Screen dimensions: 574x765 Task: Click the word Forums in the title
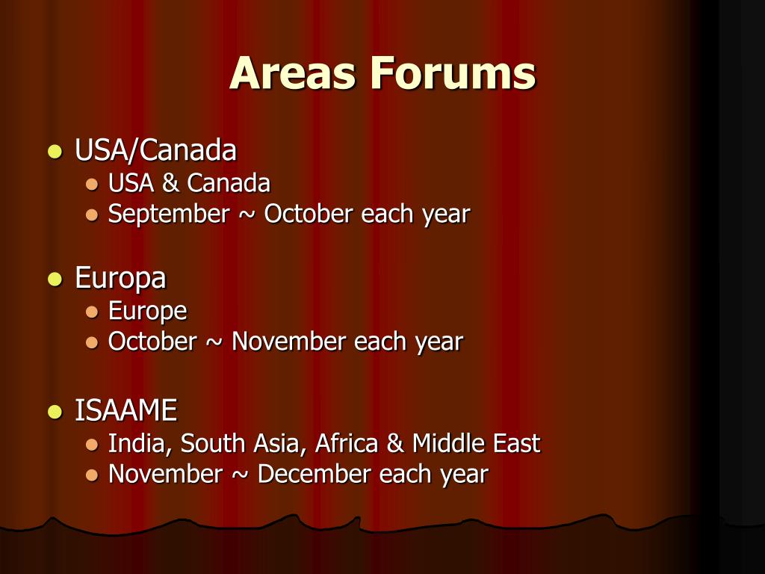[453, 73]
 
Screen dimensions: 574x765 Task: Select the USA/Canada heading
[155, 150]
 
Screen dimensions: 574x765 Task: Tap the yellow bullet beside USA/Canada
[54, 151]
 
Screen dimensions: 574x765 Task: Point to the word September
[169, 215]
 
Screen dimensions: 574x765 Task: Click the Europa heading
[120, 278]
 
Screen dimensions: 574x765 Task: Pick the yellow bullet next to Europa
[54, 280]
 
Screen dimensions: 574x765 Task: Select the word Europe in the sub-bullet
[147, 311]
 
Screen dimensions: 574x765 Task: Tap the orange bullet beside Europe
[92, 312]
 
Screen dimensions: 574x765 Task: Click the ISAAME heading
[126, 410]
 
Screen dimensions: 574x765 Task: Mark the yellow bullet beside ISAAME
[54, 411]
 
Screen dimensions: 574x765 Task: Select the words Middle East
[476, 443]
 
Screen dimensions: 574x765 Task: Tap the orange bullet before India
[92, 444]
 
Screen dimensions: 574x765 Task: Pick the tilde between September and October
[247, 215]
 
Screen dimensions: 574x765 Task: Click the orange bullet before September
[92, 215]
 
